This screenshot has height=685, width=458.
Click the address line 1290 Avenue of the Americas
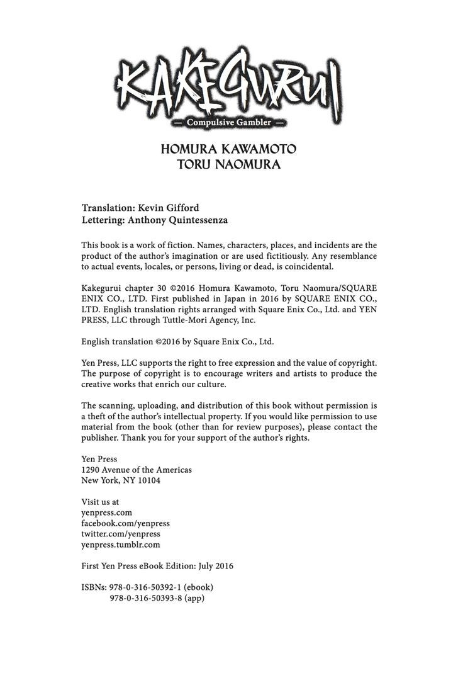point(137,470)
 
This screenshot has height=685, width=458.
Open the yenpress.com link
point(106,512)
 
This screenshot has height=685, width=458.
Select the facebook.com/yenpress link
point(126,523)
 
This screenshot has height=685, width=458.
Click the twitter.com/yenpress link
point(121,534)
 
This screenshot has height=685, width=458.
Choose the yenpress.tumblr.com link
point(121,545)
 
